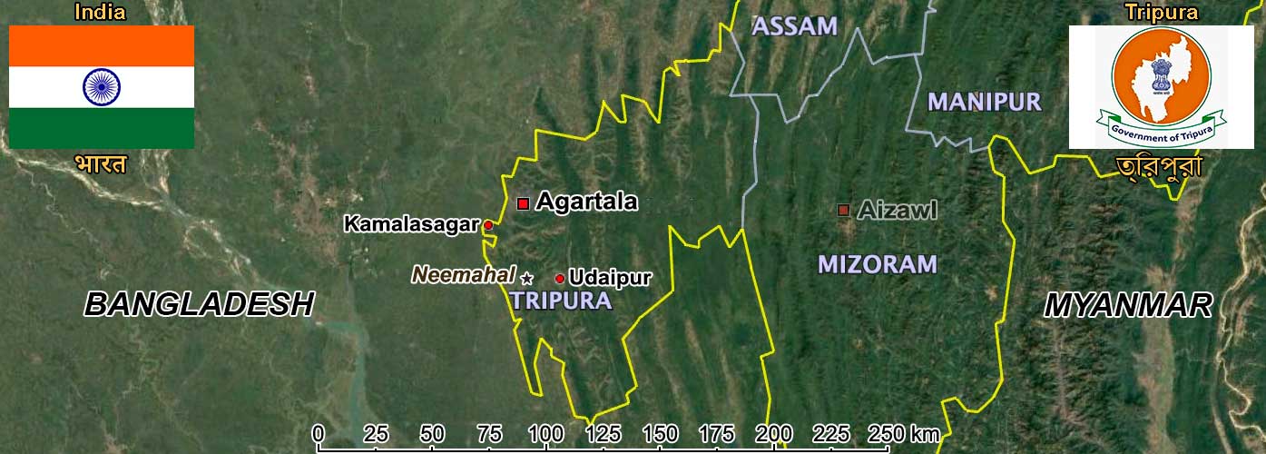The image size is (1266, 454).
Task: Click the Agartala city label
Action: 586,202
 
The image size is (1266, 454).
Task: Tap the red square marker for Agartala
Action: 523,203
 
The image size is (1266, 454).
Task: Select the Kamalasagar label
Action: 411,223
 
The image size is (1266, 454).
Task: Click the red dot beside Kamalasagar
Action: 487,224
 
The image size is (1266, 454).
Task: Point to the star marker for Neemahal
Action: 527,278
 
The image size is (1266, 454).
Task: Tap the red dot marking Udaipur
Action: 559,279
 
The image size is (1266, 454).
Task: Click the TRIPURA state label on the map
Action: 561,301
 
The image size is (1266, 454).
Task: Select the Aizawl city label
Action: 897,211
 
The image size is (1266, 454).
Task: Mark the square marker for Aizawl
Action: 843,211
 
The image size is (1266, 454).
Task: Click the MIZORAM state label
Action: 877,264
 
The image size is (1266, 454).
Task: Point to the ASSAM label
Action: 794,26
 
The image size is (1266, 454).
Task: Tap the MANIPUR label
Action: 984,102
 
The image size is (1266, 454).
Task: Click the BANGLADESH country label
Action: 200,304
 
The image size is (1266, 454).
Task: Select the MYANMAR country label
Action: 1127,305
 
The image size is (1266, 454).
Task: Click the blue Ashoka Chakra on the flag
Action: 102,86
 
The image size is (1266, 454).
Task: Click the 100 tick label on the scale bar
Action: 545,432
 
